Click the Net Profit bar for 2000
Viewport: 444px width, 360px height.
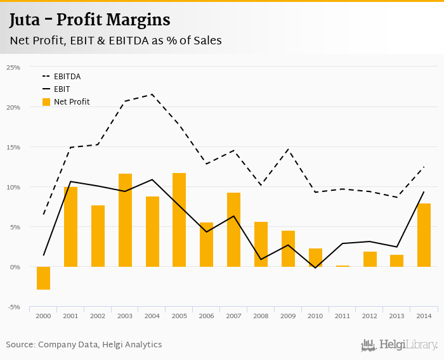(x=43, y=278)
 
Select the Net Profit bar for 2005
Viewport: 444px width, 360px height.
(x=180, y=220)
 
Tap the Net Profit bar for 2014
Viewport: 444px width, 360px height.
(x=424, y=235)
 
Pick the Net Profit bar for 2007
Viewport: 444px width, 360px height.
(x=233, y=229)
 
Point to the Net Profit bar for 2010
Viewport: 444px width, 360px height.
(x=315, y=257)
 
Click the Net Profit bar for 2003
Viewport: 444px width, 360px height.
(x=125, y=220)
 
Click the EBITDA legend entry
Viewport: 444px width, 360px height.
(x=67, y=77)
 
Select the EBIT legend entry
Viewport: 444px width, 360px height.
(x=62, y=89)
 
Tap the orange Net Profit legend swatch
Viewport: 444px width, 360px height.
(x=46, y=101)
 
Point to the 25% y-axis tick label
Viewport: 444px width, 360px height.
(x=13, y=67)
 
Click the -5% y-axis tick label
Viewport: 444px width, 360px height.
(x=13, y=307)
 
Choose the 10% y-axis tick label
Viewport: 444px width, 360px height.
(x=13, y=187)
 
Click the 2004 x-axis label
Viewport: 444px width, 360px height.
(x=152, y=316)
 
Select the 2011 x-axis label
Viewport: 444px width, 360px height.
(x=343, y=316)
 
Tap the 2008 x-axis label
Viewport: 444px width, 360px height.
(x=261, y=316)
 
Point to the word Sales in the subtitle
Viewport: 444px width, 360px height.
(x=203, y=41)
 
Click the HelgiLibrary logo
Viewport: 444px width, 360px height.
(x=400, y=345)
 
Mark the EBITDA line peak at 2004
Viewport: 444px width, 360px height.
(x=152, y=94)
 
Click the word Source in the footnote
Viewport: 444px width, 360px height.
(x=21, y=345)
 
